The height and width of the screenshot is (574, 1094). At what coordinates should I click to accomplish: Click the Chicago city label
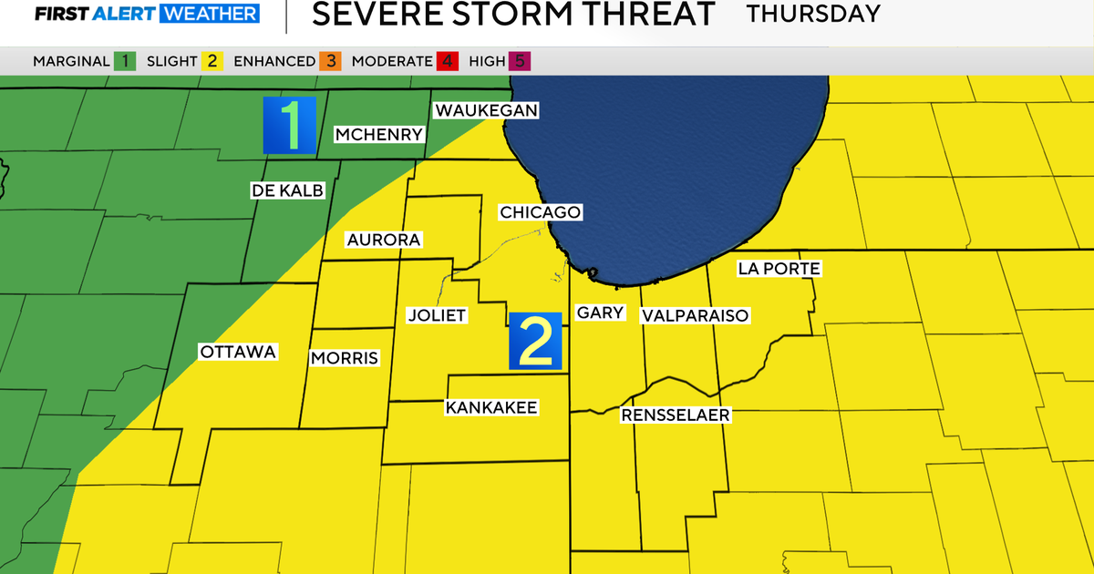pyautogui.click(x=540, y=212)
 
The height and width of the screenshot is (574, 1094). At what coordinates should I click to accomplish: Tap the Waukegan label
pyautogui.click(x=487, y=110)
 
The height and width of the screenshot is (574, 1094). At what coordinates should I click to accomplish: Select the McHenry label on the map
pyautogui.click(x=379, y=135)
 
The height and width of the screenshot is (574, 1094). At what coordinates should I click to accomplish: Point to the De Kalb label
pyautogui.click(x=287, y=190)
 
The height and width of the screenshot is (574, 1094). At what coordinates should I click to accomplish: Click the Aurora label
pyautogui.click(x=383, y=240)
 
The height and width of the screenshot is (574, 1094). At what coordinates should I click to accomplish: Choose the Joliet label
pyautogui.click(x=437, y=315)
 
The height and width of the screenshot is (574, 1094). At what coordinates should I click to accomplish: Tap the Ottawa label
pyautogui.click(x=237, y=352)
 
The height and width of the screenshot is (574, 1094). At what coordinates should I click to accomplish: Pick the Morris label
pyautogui.click(x=345, y=358)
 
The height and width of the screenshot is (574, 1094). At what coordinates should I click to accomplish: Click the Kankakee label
pyautogui.click(x=491, y=407)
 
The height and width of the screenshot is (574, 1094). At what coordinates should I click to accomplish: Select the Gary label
pyautogui.click(x=601, y=313)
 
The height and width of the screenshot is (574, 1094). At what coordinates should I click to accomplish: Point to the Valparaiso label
pyautogui.click(x=695, y=315)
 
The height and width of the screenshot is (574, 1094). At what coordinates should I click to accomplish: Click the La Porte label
pyautogui.click(x=779, y=269)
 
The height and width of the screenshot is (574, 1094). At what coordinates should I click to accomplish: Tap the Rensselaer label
pyautogui.click(x=676, y=415)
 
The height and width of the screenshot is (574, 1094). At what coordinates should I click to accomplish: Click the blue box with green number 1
pyautogui.click(x=289, y=125)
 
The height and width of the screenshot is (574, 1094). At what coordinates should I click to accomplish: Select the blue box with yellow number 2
pyautogui.click(x=536, y=342)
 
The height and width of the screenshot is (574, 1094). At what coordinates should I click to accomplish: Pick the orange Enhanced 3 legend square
pyautogui.click(x=329, y=61)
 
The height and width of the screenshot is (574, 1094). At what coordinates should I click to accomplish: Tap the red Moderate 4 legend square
pyautogui.click(x=448, y=61)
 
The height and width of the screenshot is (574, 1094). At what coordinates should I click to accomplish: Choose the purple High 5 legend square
pyautogui.click(x=521, y=61)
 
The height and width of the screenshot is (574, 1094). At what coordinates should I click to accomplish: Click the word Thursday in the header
pyautogui.click(x=813, y=14)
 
